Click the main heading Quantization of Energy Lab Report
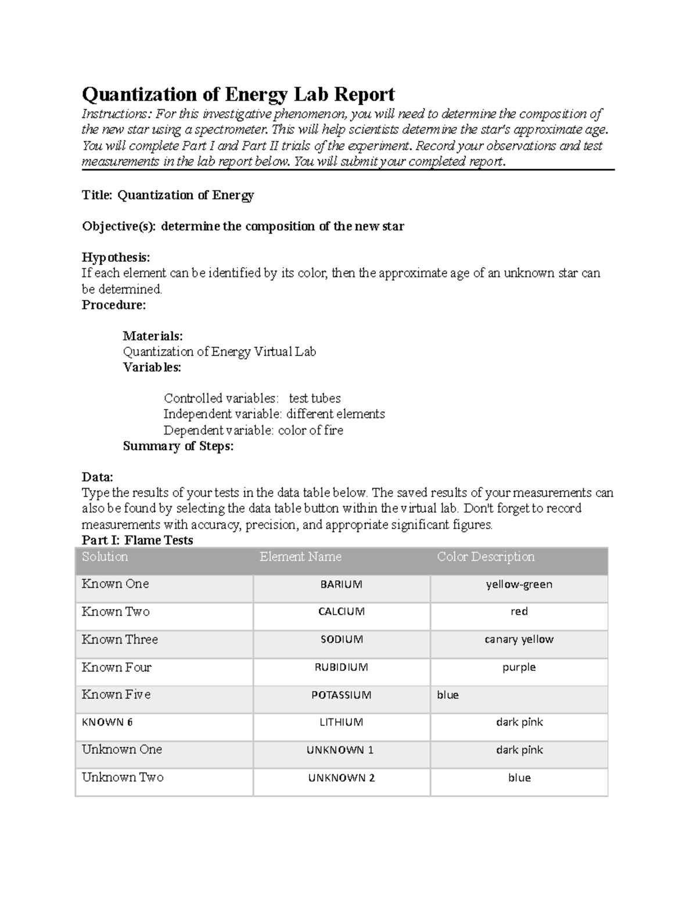[x=238, y=94]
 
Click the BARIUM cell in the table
[x=341, y=584]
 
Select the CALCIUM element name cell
[x=341, y=612]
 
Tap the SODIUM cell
[x=341, y=639]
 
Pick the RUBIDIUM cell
[x=341, y=667]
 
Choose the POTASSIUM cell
[x=341, y=695]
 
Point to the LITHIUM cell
[x=341, y=723]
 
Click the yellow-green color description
[x=519, y=584]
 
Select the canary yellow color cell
[x=519, y=639]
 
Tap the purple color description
[x=519, y=667]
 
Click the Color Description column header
[x=485, y=557]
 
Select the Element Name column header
[x=300, y=557]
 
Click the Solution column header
[x=105, y=557]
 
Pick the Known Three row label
[x=120, y=639]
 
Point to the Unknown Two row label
[x=123, y=777]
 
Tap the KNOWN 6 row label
[x=107, y=723]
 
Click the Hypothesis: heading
[x=116, y=257]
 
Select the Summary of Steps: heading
[x=178, y=446]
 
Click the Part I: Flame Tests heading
[x=137, y=540]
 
